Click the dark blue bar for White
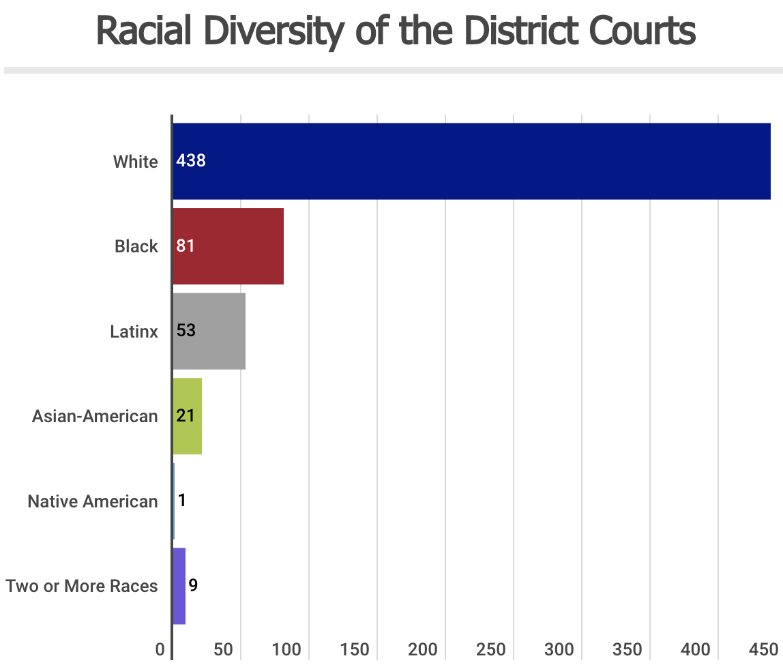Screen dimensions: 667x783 pos(471,162)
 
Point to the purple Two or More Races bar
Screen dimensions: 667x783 pos(179,586)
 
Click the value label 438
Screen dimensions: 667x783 pos(191,161)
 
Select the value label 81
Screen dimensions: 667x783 pos(186,246)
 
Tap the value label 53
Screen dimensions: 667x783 pos(186,331)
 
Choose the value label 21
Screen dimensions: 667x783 pos(186,415)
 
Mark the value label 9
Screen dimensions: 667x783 pos(193,585)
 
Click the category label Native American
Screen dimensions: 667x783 pos(93,501)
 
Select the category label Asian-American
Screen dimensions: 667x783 pos(95,416)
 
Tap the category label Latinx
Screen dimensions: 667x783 pos(134,331)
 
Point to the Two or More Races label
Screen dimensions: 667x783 pos(82,586)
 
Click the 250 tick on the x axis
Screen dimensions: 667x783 pos(491,650)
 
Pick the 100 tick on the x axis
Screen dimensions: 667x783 pos(286,650)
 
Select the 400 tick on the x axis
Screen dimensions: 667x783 pos(696,650)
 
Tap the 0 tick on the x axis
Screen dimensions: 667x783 pos(160,650)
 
